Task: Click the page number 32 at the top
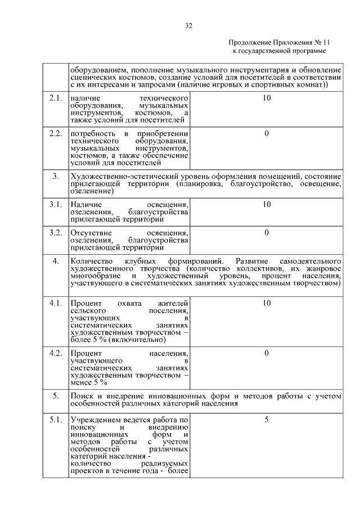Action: click(x=188, y=25)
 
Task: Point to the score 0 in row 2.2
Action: click(x=266, y=133)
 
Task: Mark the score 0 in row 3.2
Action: click(x=266, y=232)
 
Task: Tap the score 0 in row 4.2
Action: click(x=266, y=353)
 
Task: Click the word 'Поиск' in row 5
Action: click(x=82, y=395)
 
